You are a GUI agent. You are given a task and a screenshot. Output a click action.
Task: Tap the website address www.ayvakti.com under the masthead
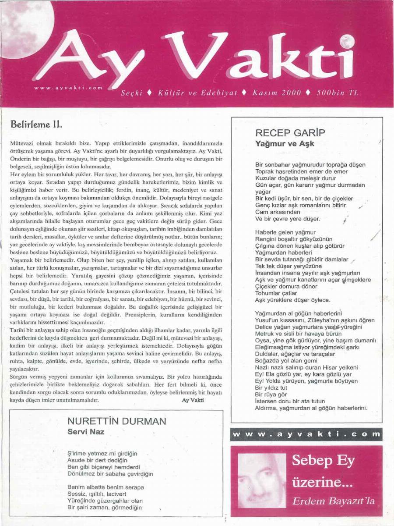tap(68, 87)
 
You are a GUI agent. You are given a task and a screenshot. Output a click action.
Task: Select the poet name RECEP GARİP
tap(290, 133)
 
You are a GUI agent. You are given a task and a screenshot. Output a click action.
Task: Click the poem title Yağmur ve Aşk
tap(285, 143)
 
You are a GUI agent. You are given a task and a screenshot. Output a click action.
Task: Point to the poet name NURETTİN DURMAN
tap(117, 422)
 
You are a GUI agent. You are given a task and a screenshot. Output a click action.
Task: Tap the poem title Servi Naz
tap(86, 431)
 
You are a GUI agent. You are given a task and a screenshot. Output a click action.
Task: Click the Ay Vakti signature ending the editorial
tap(193, 400)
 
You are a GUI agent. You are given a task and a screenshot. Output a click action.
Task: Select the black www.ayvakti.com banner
tap(306, 434)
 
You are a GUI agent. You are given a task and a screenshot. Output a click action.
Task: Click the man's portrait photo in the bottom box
tap(261, 480)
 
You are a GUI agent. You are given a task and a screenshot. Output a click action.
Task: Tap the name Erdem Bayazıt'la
tap(334, 501)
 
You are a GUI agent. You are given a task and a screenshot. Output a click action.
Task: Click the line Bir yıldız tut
tap(271, 387)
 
